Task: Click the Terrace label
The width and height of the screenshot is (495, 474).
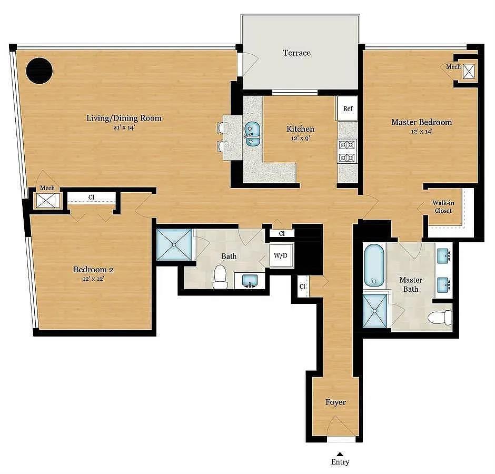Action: click(296, 53)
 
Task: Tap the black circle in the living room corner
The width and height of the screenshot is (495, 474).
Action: click(39, 71)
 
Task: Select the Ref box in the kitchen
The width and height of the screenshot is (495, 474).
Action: click(348, 108)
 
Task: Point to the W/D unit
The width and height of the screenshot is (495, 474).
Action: click(280, 256)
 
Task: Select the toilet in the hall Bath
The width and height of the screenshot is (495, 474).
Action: click(220, 277)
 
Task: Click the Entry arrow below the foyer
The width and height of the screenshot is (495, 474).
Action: click(340, 453)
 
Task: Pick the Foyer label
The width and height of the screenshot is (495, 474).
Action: click(335, 402)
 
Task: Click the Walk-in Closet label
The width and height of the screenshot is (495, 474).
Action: click(442, 207)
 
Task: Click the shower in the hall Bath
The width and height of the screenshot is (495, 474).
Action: click(175, 244)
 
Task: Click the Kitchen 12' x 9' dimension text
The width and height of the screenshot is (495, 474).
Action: click(300, 138)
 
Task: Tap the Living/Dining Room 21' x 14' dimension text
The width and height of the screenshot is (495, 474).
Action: click(124, 127)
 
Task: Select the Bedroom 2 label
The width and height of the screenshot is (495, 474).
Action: click(93, 270)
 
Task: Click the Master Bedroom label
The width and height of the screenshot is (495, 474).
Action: click(421, 122)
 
